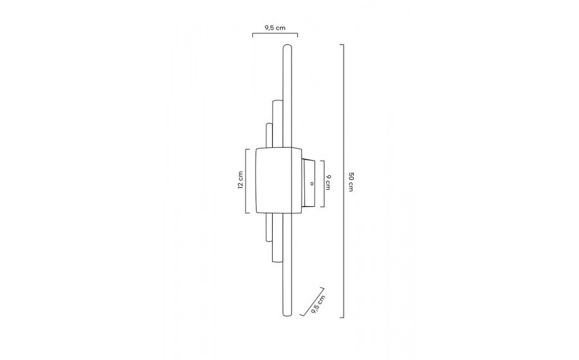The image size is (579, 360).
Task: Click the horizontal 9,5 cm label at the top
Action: [x=275, y=28]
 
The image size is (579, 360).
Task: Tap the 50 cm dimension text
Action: [x=351, y=181]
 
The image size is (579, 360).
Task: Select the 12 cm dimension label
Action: [x=241, y=180]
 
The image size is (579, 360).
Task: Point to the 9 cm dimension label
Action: [x=327, y=182]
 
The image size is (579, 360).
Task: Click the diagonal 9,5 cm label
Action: [x=318, y=304]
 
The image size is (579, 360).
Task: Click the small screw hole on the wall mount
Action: [x=311, y=183]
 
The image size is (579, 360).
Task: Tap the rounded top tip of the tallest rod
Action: [x=287, y=46]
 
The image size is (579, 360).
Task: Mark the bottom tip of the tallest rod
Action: [x=287, y=316]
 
